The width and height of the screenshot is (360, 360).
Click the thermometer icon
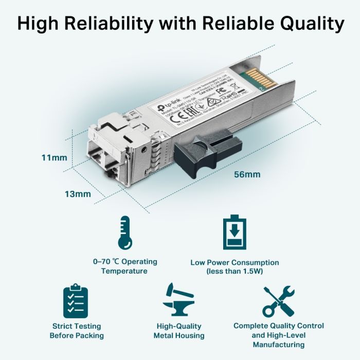tap(123, 232)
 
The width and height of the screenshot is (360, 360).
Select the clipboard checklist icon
tap(76, 301)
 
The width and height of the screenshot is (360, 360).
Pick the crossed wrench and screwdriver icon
tap(279, 301)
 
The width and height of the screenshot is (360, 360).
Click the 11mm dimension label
tap(54, 157)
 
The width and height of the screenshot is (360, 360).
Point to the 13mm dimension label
tap(78, 194)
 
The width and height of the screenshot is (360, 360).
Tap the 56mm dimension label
tap(247, 174)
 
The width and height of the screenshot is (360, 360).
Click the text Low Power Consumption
tap(235, 262)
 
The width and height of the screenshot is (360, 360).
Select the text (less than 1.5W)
tap(235, 271)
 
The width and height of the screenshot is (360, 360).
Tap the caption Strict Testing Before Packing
tap(77, 331)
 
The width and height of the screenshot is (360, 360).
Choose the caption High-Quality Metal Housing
tap(179, 331)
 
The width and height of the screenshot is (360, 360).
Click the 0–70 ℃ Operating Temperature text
tap(124, 266)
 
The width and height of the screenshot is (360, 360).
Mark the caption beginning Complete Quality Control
tap(279, 335)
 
